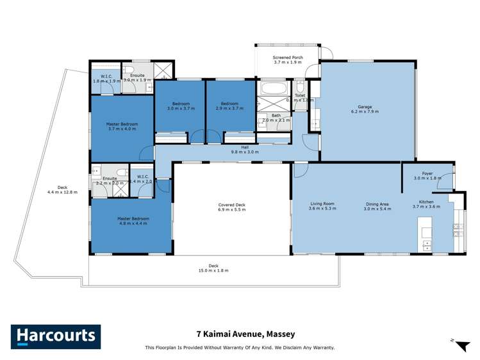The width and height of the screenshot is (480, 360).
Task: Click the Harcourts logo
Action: coord(55,336)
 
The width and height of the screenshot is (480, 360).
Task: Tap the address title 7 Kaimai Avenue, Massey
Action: coord(240,334)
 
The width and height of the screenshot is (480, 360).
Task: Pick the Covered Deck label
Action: coord(231,208)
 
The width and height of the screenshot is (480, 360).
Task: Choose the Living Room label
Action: coord(322,205)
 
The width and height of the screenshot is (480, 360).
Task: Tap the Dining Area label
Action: coord(376,205)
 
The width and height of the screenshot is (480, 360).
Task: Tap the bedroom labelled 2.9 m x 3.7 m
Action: coord(230,106)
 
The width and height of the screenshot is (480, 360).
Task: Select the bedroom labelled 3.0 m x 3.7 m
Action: coord(179,106)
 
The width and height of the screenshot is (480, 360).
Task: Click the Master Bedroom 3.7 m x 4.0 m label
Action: coord(122,126)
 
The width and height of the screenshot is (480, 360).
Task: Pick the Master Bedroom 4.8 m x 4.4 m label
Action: coord(131,221)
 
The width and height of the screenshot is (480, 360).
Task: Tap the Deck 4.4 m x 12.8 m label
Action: coord(62,190)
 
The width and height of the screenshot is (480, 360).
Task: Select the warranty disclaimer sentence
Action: coord(240,348)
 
